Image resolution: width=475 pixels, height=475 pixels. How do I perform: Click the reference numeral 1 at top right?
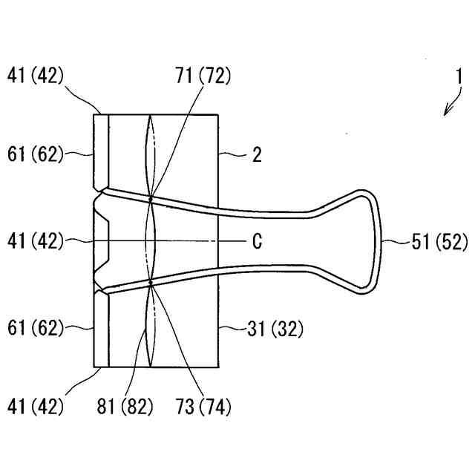[x=459, y=76]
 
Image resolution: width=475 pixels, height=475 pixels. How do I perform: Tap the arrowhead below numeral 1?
[x=447, y=112]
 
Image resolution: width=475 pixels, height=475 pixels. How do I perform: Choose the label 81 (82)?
[x=127, y=406]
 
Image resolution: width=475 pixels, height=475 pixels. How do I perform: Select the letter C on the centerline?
[x=255, y=242]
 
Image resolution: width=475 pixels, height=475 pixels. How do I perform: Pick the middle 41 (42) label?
[x=36, y=242]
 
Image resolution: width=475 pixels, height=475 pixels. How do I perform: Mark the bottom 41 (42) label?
[x=36, y=406]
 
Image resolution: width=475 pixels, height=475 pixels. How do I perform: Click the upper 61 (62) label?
[x=36, y=155]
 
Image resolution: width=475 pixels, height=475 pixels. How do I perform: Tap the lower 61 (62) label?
[x=36, y=327]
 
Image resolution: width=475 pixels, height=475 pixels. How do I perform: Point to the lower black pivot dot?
[x=151, y=283]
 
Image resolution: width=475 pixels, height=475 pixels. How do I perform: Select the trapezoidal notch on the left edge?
[x=102, y=241]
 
